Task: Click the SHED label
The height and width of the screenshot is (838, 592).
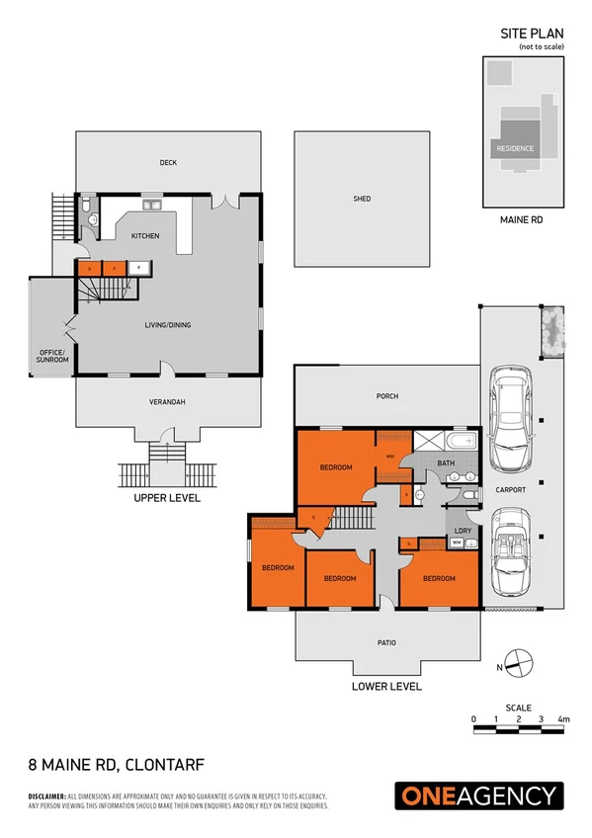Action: coord(362,199)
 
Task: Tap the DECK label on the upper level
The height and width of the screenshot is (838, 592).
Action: coord(168,163)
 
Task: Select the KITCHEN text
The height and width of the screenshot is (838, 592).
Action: coord(145,236)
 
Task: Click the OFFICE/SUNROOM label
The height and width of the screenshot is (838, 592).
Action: coord(52,356)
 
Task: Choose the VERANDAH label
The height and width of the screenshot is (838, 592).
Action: coord(167,402)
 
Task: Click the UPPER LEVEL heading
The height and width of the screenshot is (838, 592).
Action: coord(167,498)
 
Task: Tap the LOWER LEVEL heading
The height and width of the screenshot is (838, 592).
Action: coord(387,686)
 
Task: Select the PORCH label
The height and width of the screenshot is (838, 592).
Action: coord(387,396)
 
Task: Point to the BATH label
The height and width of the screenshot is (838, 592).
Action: coord(446,462)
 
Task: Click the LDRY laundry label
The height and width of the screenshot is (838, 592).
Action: coord(462,531)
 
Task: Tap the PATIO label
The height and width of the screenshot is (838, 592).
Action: coord(387,643)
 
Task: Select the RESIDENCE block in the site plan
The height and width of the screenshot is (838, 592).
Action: coord(514,148)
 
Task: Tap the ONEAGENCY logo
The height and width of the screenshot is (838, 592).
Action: coord(479,796)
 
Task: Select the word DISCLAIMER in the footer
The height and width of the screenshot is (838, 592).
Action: coord(45,796)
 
